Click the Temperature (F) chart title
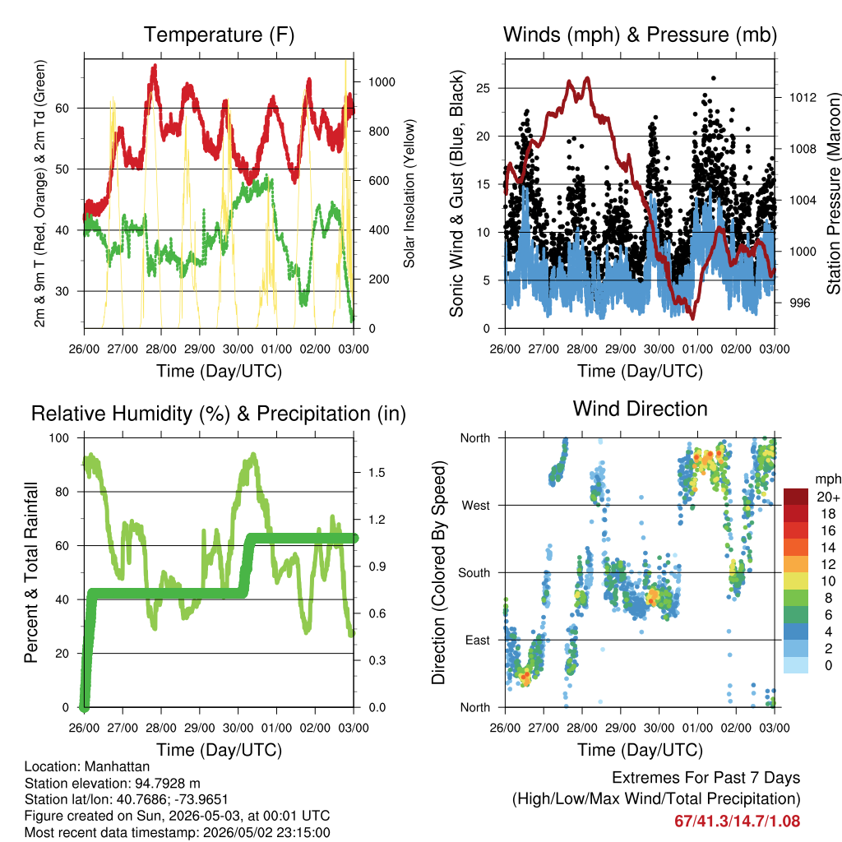(x=219, y=35)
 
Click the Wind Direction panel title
(x=640, y=409)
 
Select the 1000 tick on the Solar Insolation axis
(x=382, y=82)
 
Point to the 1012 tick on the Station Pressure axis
(x=803, y=97)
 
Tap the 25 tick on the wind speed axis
(x=483, y=88)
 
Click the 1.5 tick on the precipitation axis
(x=377, y=473)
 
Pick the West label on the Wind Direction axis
(x=476, y=506)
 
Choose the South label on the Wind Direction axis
(x=474, y=573)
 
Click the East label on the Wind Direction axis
(x=478, y=640)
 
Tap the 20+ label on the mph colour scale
(x=828, y=497)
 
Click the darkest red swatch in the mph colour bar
(x=796, y=497)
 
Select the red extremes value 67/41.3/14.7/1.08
(x=738, y=821)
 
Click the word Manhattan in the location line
(x=117, y=766)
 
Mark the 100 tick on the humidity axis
(x=59, y=438)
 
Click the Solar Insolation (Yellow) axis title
(x=409, y=193)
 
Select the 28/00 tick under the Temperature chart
(x=161, y=349)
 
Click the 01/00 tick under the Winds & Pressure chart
(x=697, y=349)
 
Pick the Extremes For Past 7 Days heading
(x=706, y=778)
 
